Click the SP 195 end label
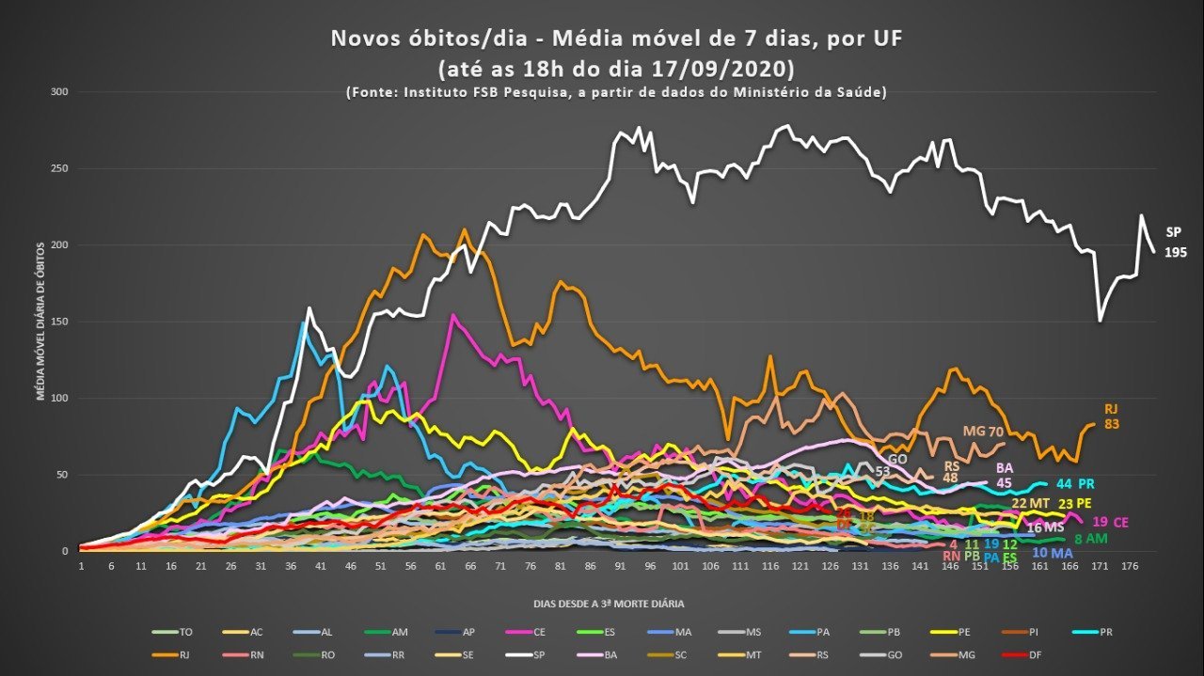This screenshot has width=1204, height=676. [x=1176, y=243]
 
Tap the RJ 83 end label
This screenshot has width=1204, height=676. [x=1111, y=417]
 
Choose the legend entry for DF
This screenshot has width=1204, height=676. [x=973, y=655]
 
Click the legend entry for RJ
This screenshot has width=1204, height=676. [x=178, y=655]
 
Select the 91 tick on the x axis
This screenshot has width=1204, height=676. [x=620, y=567]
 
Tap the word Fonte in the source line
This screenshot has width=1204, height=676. [x=372, y=92]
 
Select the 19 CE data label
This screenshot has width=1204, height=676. [x=1110, y=522]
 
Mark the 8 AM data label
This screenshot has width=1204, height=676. [x=1091, y=539]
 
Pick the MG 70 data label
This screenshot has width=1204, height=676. [x=983, y=432]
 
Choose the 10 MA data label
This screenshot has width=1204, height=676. [x=1052, y=553]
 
